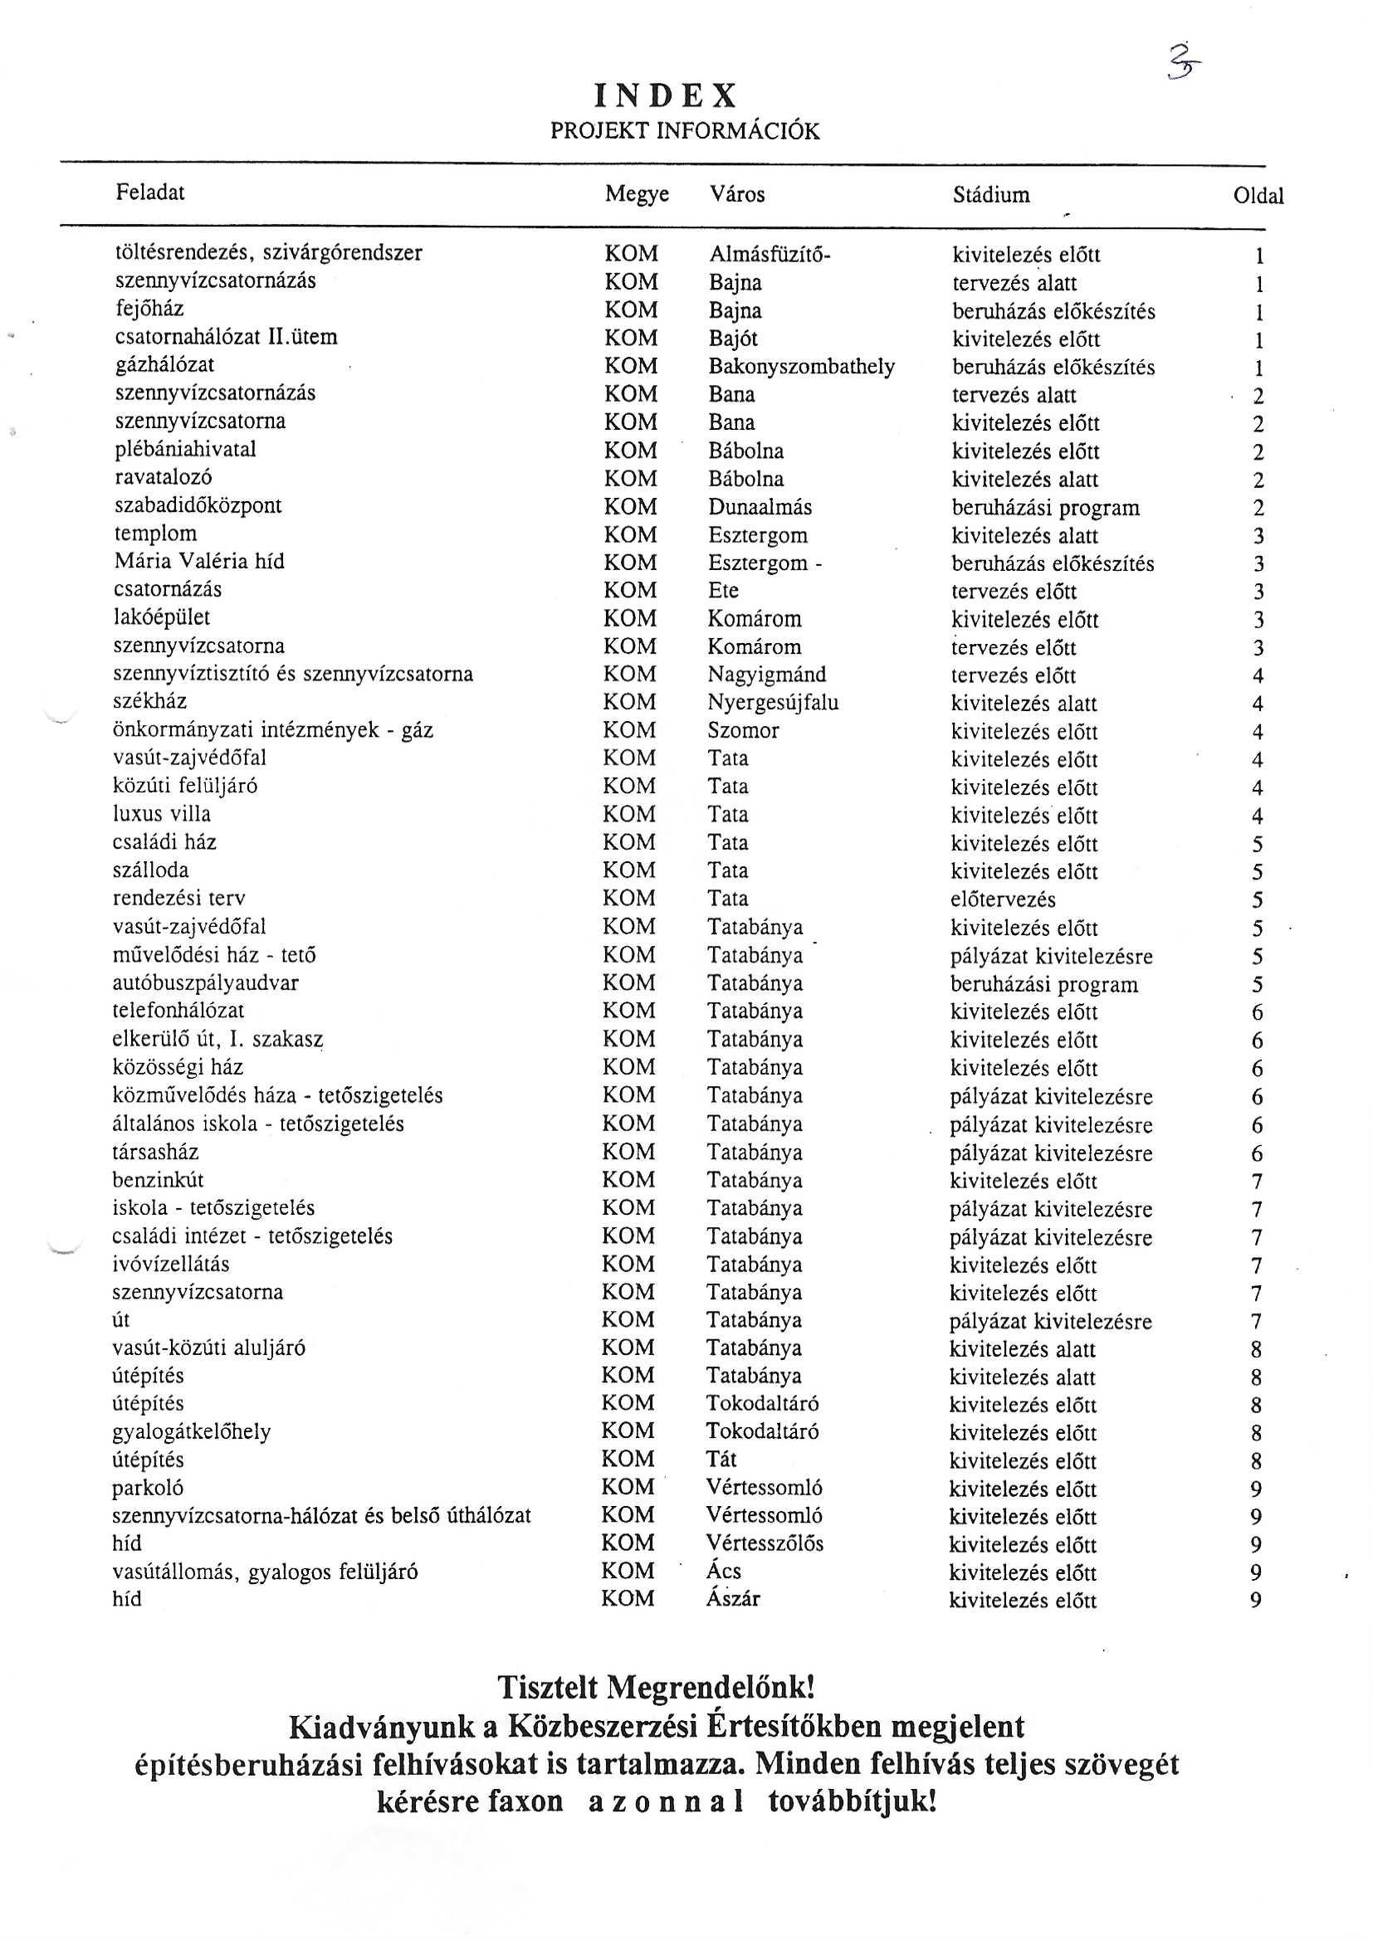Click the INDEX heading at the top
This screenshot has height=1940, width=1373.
click(x=666, y=95)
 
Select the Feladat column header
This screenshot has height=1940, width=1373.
click(x=149, y=193)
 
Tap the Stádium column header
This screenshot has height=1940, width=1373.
click(x=991, y=195)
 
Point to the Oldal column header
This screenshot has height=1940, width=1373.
click(x=1258, y=196)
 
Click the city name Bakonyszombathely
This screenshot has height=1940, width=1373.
click(x=800, y=367)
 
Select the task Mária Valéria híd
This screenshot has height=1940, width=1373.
click(x=198, y=562)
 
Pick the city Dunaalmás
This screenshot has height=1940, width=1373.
click(x=760, y=507)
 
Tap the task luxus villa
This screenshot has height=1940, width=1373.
click(x=162, y=815)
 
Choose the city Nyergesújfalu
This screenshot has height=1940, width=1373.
click(x=773, y=703)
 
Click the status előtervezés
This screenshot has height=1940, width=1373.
click(x=1003, y=899)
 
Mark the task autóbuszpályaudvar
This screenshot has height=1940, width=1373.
click(x=205, y=982)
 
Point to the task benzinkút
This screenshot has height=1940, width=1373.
click(x=158, y=1180)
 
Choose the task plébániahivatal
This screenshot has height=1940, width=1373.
click(x=185, y=450)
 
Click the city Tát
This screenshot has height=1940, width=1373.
click(x=721, y=1460)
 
